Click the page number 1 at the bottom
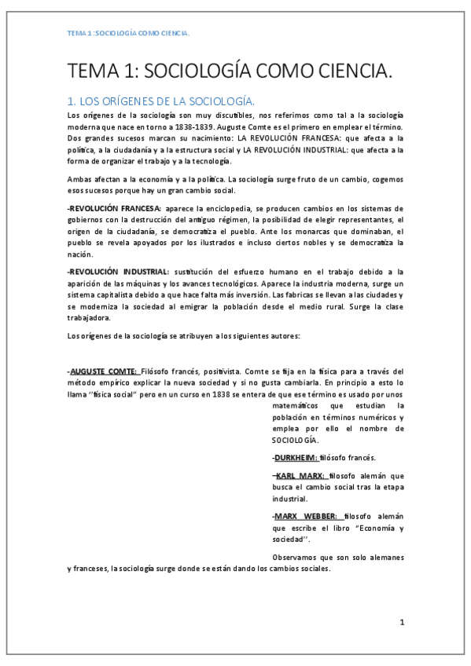click(x=402, y=623)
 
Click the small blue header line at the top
click(x=129, y=34)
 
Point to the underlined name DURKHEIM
click(x=295, y=458)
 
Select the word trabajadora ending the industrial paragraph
click(x=89, y=319)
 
